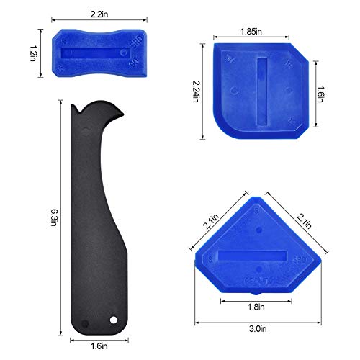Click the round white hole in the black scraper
(x=113, y=319)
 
